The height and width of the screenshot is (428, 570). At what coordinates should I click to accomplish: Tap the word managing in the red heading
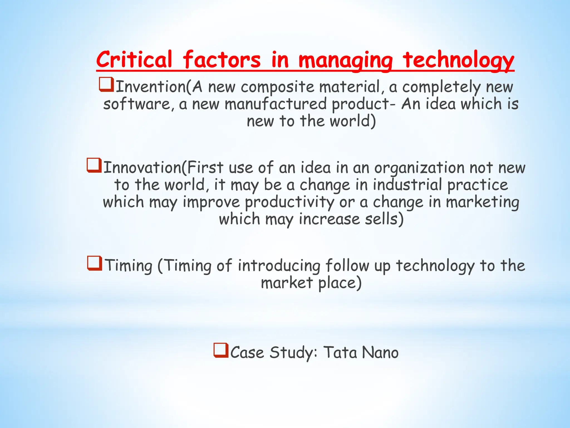coord(345,60)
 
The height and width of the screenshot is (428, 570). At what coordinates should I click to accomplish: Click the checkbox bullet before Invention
coord(106,84)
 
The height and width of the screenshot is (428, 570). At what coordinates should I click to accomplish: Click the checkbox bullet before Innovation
coord(94,166)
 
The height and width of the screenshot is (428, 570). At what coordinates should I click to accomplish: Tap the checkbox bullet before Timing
coord(95,263)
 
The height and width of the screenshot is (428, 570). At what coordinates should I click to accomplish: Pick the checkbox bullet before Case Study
coord(221,351)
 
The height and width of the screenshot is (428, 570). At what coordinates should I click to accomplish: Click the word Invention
coord(151,87)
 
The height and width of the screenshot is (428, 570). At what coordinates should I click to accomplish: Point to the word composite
coord(277,87)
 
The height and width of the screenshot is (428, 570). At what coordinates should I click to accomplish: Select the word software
coord(137,104)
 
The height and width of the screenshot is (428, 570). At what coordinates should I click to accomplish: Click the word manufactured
coord(276,104)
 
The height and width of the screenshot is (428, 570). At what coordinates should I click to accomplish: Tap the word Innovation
coord(142,168)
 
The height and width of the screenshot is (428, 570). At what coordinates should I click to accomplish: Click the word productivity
coord(289,203)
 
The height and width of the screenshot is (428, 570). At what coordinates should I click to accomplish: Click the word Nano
coord(380,352)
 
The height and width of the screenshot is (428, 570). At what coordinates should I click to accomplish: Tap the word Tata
coord(340,352)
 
